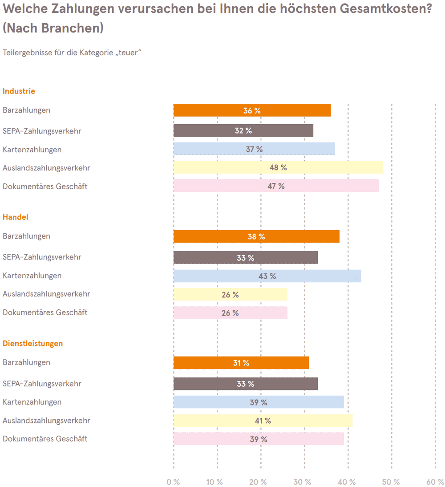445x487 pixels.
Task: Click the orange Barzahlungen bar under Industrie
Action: (252, 110)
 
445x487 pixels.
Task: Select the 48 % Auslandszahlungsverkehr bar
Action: (278, 167)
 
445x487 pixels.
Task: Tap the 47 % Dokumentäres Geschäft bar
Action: (276, 186)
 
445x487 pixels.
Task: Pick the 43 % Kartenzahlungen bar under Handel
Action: (267, 276)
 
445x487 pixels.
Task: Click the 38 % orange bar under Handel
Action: (256, 236)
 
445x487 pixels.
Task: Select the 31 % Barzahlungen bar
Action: (241, 363)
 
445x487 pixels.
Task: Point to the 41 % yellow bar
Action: (263, 421)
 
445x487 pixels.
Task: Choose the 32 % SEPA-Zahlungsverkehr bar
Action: (243, 130)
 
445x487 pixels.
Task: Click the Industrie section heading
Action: (19, 91)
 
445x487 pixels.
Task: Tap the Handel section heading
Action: (16, 217)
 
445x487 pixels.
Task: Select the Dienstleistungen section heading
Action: (33, 344)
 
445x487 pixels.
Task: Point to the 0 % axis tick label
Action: (173, 482)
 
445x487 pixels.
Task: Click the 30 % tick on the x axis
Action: (303, 482)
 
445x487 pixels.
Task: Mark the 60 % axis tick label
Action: (435, 482)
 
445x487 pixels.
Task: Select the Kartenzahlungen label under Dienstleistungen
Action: (32, 402)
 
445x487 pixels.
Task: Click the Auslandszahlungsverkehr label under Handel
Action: (47, 294)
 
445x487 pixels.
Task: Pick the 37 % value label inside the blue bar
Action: (255, 150)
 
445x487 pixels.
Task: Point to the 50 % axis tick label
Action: (391, 482)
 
